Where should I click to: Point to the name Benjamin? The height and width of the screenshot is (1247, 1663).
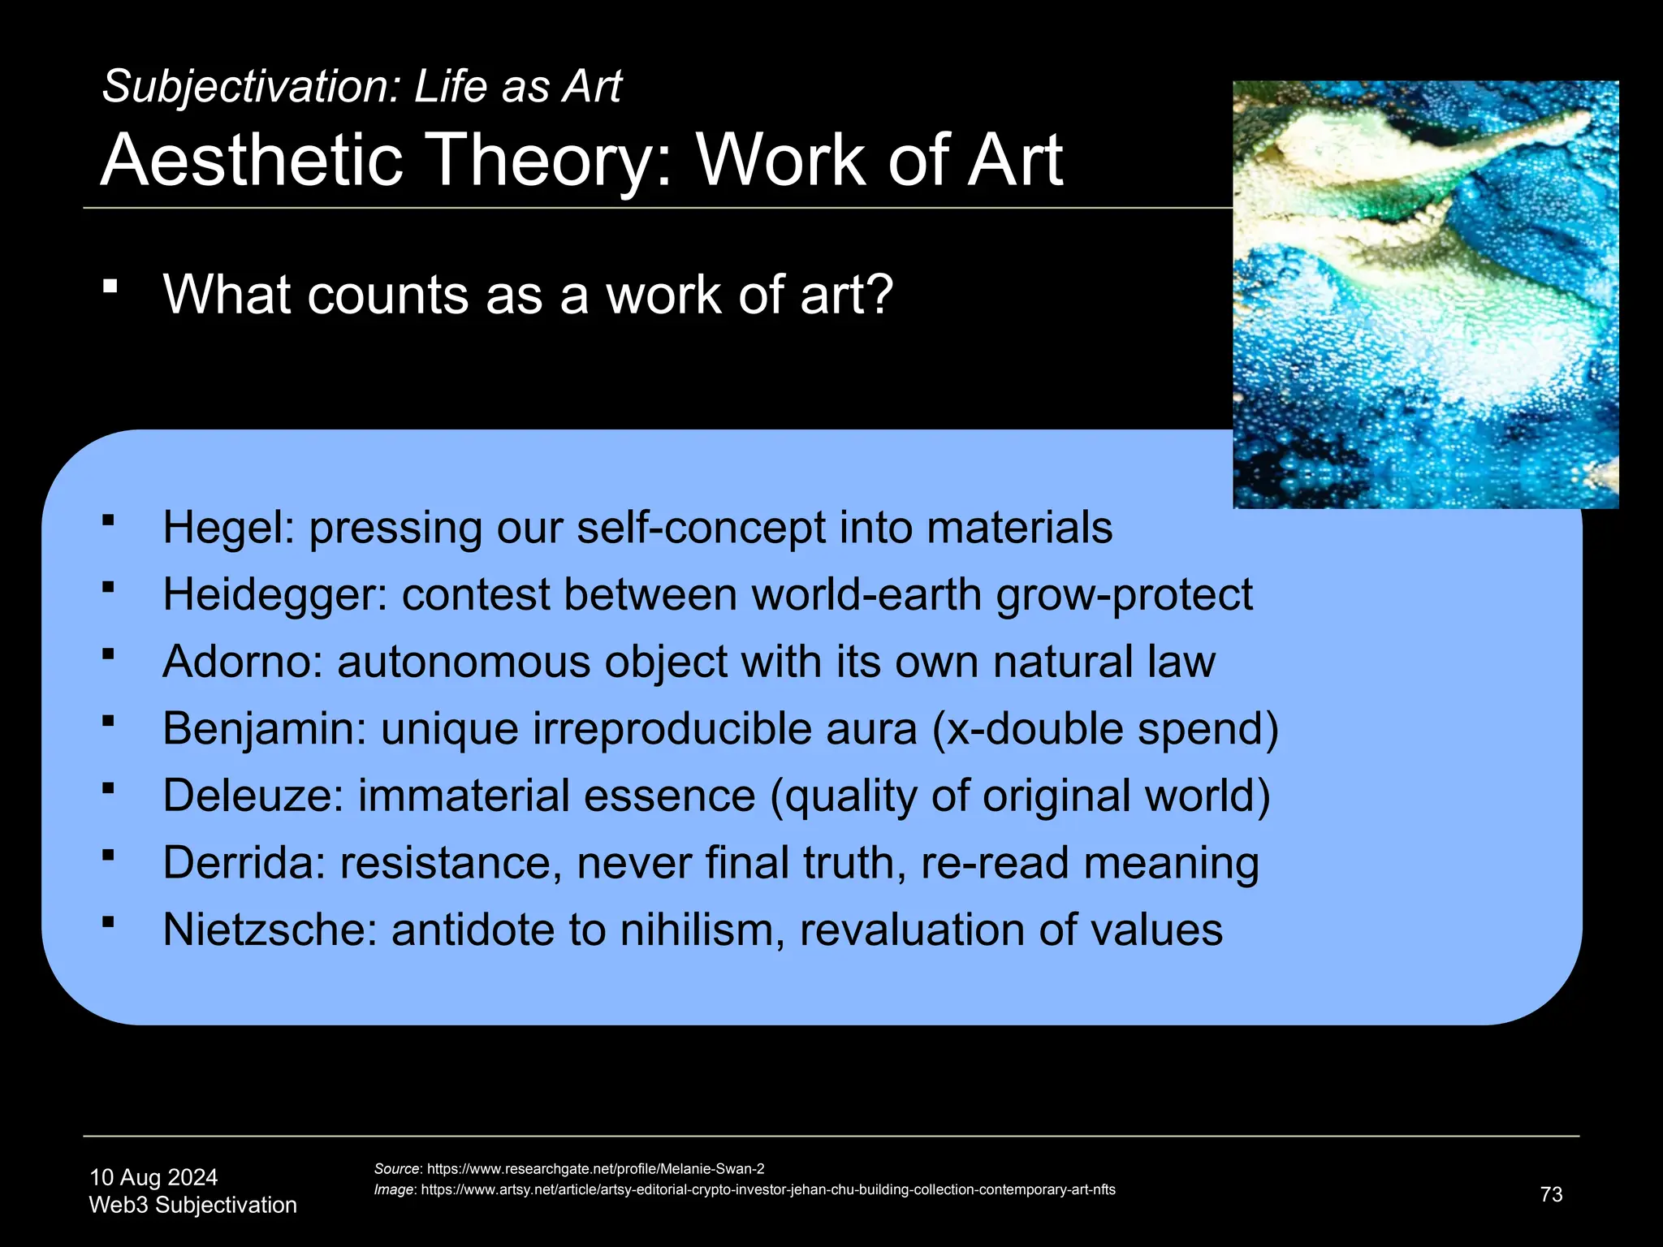(x=264, y=728)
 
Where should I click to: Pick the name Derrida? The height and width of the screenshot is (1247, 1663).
(x=243, y=862)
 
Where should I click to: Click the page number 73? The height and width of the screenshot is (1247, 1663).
(x=1551, y=1194)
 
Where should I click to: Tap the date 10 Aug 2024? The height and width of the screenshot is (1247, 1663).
(x=153, y=1177)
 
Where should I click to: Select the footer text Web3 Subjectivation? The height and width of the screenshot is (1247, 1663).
(x=193, y=1205)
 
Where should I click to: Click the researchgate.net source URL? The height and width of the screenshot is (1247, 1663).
(x=595, y=1169)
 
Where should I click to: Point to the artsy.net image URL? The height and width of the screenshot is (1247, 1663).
(x=767, y=1189)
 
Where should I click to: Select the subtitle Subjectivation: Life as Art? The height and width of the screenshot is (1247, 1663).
(x=361, y=86)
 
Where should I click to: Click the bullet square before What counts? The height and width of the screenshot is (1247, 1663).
(x=111, y=286)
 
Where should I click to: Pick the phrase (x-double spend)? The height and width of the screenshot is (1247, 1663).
(x=1105, y=728)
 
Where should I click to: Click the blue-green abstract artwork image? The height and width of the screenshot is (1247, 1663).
(x=1425, y=294)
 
